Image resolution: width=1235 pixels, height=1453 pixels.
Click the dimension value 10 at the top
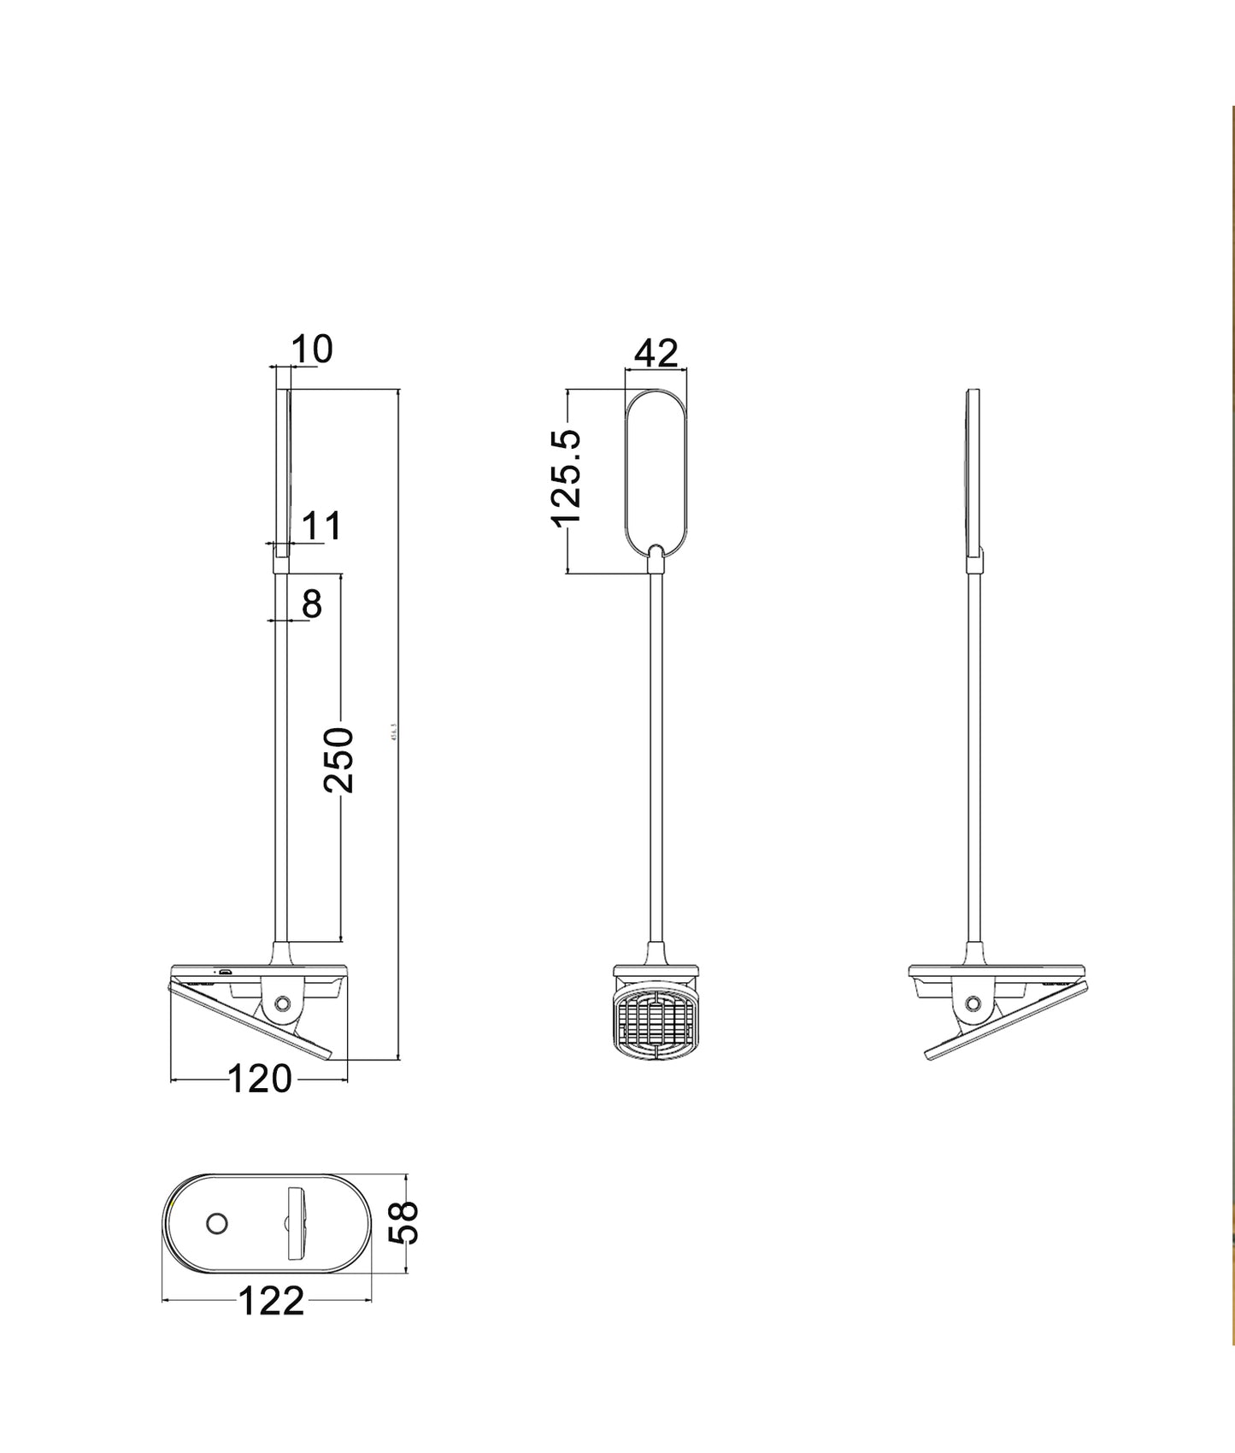pyautogui.click(x=312, y=350)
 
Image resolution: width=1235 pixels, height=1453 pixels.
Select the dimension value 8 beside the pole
pyautogui.click(x=312, y=604)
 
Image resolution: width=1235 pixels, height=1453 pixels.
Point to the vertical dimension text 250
pyautogui.click(x=339, y=760)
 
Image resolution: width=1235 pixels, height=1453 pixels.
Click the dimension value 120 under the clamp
pyautogui.click(x=260, y=1079)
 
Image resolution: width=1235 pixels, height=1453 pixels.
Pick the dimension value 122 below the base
pyautogui.click(x=270, y=1302)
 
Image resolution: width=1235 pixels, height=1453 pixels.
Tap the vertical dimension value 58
pyautogui.click(x=405, y=1222)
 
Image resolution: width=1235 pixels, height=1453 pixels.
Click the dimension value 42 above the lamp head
pyautogui.click(x=656, y=353)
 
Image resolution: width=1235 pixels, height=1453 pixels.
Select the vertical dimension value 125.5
pyautogui.click(x=567, y=479)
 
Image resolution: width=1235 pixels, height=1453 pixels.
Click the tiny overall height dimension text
pyautogui.click(x=394, y=733)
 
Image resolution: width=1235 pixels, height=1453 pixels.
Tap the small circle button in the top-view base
pyautogui.click(x=217, y=1224)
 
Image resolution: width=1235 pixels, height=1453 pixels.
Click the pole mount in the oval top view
pyautogui.click(x=298, y=1223)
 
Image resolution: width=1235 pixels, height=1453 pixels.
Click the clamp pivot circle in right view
pyautogui.click(x=973, y=1003)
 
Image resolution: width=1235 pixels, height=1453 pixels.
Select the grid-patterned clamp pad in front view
pyautogui.click(x=656, y=1021)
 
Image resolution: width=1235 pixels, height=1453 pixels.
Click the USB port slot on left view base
pyautogui.click(x=225, y=973)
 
